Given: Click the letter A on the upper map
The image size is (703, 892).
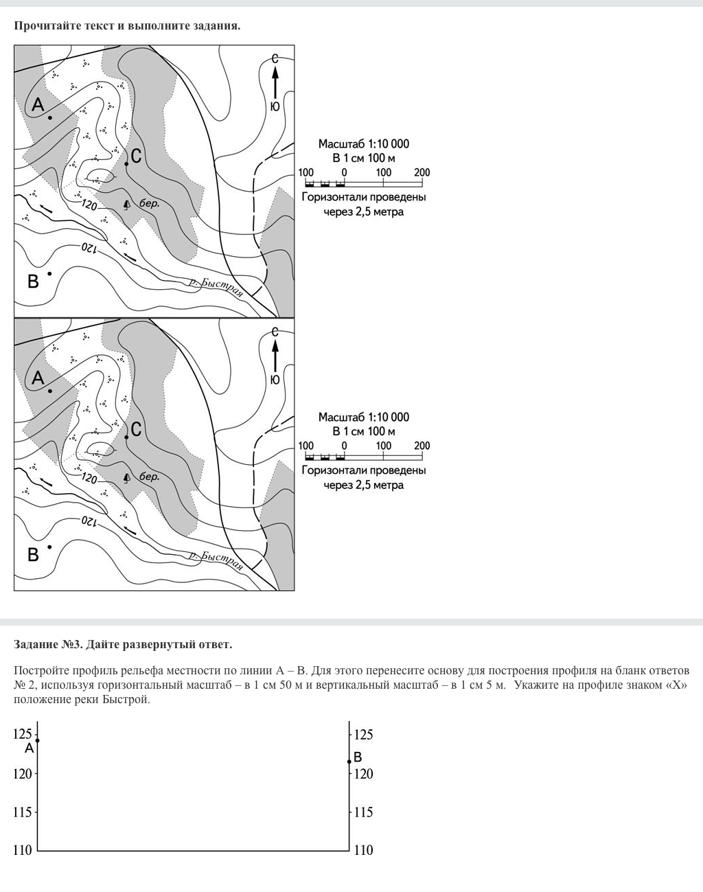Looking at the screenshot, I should [x=38, y=105].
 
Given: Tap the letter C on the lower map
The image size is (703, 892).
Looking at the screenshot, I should [x=136, y=429].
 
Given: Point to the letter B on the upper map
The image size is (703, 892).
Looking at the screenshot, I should [x=33, y=281].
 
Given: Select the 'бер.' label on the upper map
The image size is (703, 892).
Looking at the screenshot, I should [x=149, y=204].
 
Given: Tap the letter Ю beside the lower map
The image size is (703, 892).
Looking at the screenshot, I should [x=275, y=380].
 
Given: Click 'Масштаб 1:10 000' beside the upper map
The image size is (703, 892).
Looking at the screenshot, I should [x=363, y=144].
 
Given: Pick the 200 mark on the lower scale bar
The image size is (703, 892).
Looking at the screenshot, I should [x=422, y=446].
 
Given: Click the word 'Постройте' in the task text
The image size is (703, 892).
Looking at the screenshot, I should [x=41, y=670].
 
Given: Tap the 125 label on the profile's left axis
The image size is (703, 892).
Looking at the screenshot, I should [x=23, y=734].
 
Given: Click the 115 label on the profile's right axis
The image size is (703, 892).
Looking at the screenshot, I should [x=363, y=812].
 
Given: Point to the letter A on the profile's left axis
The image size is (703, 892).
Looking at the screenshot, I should [x=29, y=748].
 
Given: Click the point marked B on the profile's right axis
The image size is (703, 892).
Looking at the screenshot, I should [x=349, y=762].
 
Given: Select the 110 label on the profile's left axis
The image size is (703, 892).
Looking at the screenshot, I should [x=23, y=850].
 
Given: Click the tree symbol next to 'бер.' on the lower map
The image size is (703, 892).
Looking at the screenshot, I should [x=126, y=477].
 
